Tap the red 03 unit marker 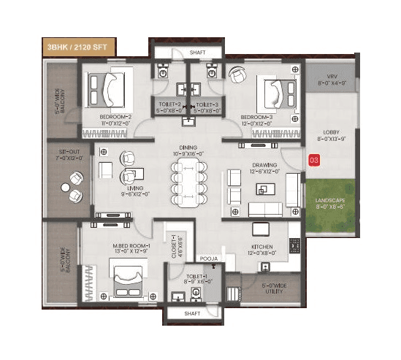(x=314, y=158)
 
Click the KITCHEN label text (x=261, y=247)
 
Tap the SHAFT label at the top (x=197, y=53)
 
